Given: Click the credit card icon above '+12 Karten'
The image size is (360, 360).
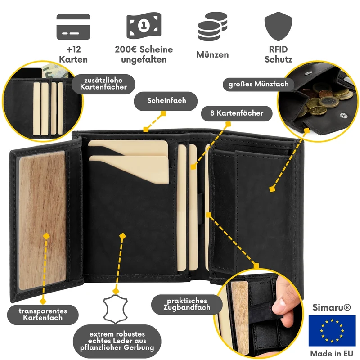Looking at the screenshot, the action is [73, 27].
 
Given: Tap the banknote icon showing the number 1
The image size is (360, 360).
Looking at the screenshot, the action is [144, 26].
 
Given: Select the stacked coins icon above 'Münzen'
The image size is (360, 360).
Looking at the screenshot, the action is [212, 27].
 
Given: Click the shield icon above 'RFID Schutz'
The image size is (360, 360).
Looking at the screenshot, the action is [278, 26].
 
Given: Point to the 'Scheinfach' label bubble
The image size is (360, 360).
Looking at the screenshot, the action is [166, 101].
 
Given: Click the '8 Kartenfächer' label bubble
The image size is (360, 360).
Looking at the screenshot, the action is [237, 113].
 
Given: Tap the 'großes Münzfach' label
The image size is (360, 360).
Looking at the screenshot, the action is [258, 85].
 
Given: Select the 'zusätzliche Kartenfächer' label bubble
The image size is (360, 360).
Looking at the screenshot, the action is [103, 84].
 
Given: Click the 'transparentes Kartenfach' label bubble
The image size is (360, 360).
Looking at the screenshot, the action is [43, 315].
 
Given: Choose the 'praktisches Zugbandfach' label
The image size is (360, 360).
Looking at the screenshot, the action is [187, 305].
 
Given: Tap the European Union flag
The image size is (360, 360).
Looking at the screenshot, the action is [332, 330].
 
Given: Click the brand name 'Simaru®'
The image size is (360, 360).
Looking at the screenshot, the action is [332, 307].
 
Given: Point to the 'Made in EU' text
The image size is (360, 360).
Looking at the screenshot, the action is [332, 353].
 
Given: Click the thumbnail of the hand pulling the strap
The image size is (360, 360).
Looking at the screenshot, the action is [259, 313].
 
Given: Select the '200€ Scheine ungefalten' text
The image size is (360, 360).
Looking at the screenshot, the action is [144, 54].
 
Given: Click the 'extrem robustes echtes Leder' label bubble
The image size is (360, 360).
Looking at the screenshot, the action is [117, 341].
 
